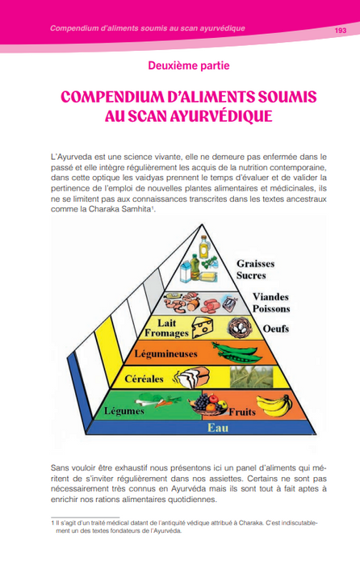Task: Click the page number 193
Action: click(x=340, y=31)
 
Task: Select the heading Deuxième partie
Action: click(x=189, y=65)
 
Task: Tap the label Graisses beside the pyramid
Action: click(x=256, y=263)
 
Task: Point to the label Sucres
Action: click(x=251, y=275)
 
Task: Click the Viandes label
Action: click(x=270, y=297)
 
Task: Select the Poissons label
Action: click(x=271, y=309)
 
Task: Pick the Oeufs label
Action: click(x=276, y=329)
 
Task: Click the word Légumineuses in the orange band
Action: click(x=165, y=354)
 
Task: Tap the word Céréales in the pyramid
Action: click(x=144, y=379)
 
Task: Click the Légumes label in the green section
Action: click(x=124, y=411)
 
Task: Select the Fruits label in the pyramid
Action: click(x=242, y=412)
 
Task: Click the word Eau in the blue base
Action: click(x=218, y=428)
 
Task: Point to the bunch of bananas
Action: click(x=274, y=405)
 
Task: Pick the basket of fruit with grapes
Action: click(x=208, y=405)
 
